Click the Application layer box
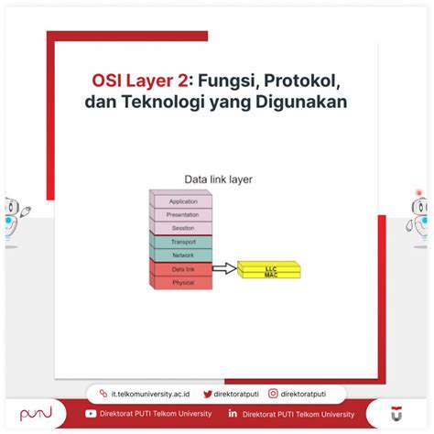[x=183, y=201]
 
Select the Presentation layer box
[x=183, y=214]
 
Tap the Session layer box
[x=183, y=228]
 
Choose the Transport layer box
[x=183, y=242]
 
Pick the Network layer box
[x=183, y=255]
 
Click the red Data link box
[x=183, y=269]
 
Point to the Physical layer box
[x=183, y=283]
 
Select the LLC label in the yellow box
[x=270, y=266]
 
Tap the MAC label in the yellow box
[x=270, y=273]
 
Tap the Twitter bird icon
[x=208, y=394]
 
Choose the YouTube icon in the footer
[x=91, y=414]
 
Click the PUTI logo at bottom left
[x=37, y=414]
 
